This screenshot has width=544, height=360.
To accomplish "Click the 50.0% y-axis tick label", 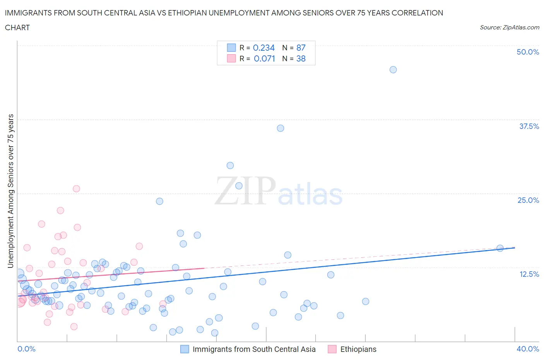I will coord(528,52).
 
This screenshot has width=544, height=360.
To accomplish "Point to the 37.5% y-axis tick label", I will coord(529,126).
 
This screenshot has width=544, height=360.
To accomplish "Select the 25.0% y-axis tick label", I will coord(528,200).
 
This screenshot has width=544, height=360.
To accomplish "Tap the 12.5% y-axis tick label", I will coord(529,274).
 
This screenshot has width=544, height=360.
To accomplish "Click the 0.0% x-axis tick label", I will coord(26,349).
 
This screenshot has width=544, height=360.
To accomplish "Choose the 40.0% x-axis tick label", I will coord(528,349).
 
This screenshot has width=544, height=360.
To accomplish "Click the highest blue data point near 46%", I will coord(393,70).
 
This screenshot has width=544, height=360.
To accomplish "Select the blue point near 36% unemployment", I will coord(281,128).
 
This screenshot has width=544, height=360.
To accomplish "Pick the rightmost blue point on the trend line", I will coord(500,248).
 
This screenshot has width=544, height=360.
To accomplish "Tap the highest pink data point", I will coord(76,189).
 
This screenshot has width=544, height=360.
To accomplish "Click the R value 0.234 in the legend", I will coord(263,48).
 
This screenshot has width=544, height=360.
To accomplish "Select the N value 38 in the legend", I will coord(301,58).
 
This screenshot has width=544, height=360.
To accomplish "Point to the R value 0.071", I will coord(264,58).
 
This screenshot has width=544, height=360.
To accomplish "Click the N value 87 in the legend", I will coord(301,48).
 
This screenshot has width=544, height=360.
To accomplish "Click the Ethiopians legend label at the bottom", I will coord(358,349).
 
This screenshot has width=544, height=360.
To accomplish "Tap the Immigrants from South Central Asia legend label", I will coord(254,349).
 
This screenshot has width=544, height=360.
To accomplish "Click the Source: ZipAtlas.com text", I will coord(509,27).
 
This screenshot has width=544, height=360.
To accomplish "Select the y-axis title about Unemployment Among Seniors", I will coord(11,191).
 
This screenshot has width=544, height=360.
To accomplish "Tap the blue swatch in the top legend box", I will coord(231,48).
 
